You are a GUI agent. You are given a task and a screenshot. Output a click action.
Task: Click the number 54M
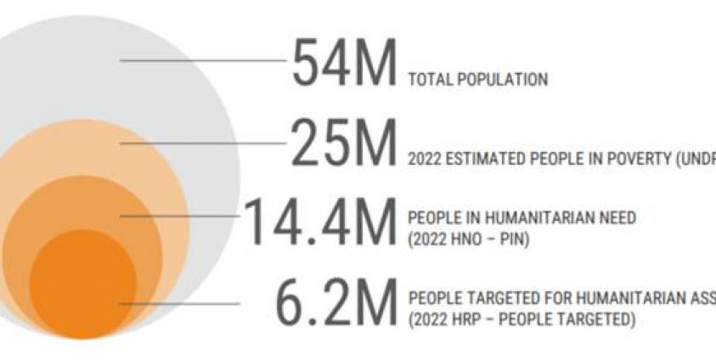344,65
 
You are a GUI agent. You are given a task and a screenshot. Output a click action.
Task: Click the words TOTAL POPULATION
478,80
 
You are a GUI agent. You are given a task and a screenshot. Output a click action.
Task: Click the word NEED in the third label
618,218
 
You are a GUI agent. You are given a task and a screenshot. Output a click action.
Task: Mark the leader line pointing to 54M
204,60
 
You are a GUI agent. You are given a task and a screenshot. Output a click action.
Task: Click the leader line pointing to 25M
204,143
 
